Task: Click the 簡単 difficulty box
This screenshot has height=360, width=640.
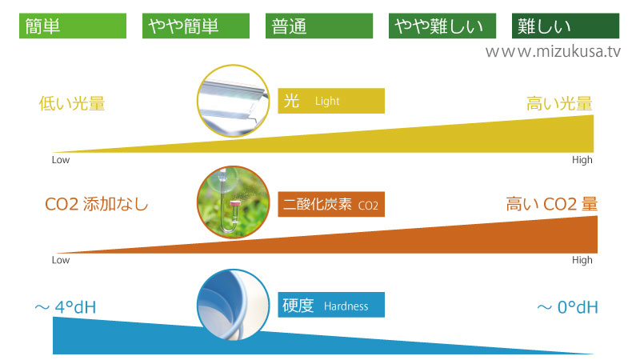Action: pos(73,26)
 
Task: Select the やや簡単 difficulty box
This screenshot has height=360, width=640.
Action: pos(196,26)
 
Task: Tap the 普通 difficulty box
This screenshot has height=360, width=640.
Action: pos(319,26)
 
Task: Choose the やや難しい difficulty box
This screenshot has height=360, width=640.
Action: pos(442,26)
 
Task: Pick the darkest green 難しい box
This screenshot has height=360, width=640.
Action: pos(566,26)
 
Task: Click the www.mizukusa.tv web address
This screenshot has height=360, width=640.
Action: pos(553,52)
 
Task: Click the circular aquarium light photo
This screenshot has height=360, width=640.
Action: pos(233,101)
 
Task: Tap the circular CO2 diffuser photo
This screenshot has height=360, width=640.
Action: pos(233,202)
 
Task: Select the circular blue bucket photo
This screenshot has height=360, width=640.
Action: pos(233,305)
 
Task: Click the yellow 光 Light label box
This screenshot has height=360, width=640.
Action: pos(331,101)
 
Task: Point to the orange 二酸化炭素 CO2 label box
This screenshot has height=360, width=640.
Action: pos(331,204)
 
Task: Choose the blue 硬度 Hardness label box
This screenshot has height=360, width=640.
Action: pos(331,305)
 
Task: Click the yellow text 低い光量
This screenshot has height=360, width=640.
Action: pos(72,103)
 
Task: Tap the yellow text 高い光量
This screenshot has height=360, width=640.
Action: pos(559,103)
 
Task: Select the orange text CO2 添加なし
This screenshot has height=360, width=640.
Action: pos(96,204)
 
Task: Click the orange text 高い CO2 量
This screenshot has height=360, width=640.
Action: pos(552,204)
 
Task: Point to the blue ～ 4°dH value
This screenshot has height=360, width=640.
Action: pos(66,307)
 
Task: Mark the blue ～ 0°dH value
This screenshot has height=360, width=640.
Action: pos(567,307)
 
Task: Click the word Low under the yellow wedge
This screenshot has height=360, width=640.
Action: pos(61,160)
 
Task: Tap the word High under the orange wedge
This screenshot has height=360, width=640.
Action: pos(582,261)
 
